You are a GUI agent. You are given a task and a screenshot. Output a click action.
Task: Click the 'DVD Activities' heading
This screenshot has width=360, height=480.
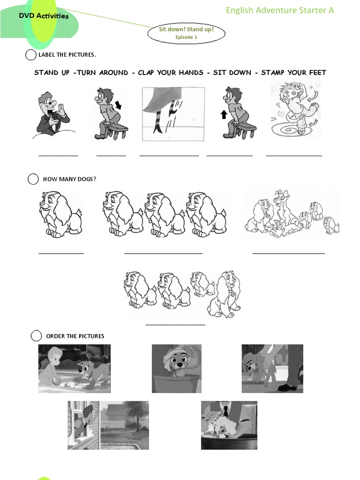click(x=44, y=16)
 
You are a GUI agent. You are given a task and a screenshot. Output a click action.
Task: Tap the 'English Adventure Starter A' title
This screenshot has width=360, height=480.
click(x=280, y=10)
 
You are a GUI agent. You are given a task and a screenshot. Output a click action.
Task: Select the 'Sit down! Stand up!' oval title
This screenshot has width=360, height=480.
click(x=186, y=30)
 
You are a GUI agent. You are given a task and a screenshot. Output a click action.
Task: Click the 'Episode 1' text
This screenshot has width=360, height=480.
click(x=186, y=37)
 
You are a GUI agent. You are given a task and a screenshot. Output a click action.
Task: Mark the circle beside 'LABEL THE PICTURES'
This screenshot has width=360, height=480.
click(x=30, y=55)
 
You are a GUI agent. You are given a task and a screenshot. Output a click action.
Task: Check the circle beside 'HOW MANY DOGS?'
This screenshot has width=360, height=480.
click(x=33, y=179)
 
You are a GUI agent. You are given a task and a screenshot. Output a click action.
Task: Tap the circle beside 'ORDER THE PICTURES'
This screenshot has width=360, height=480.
click(x=36, y=336)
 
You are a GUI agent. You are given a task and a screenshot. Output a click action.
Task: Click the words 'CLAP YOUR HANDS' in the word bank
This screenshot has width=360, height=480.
click(x=171, y=73)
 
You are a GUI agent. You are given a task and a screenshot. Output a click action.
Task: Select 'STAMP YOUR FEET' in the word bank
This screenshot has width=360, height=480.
click(x=293, y=73)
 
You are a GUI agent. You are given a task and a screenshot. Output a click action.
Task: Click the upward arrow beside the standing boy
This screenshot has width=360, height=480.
click(x=224, y=115)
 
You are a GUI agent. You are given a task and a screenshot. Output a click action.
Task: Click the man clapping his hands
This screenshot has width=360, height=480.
click(x=52, y=113)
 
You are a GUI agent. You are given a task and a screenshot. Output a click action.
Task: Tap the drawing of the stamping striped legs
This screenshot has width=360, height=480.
click(x=173, y=114)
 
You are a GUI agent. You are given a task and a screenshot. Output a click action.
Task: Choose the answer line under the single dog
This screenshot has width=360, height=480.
click(x=61, y=254)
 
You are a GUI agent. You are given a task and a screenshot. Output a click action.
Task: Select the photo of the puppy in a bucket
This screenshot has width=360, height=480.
click(x=177, y=368)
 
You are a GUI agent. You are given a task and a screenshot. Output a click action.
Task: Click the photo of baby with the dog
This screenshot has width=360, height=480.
click(x=75, y=368)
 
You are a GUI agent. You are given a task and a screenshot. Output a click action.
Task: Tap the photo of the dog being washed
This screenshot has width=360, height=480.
click(x=229, y=425)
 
